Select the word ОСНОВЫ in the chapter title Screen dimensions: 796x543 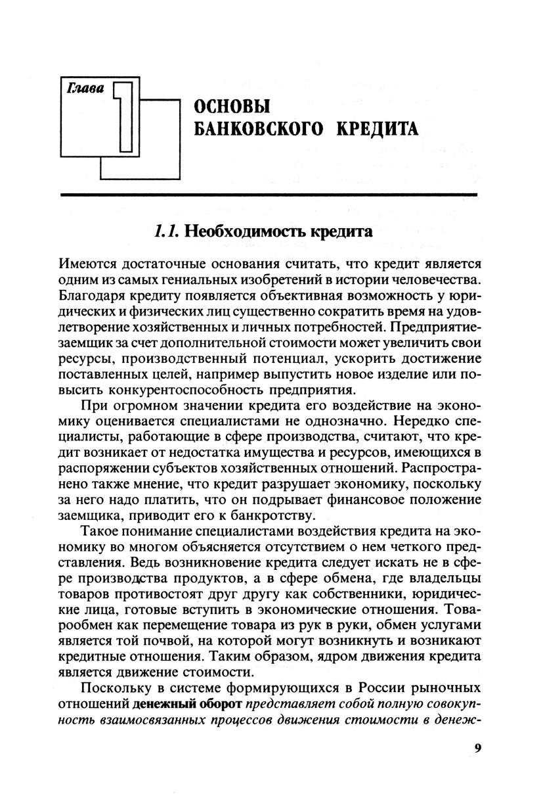coord(223,106)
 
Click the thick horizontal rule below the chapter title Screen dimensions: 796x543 coord(268,195)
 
